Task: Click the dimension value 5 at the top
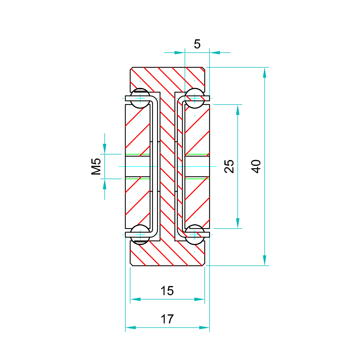coord(197,44)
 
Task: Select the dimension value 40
coord(256,166)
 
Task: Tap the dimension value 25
coord(229,166)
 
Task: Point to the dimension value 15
coord(167,291)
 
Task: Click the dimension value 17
coord(167,319)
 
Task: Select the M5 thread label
coord(96,166)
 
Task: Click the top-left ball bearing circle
coord(140,98)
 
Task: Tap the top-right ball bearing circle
coord(195,98)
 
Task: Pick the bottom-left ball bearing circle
coord(140,235)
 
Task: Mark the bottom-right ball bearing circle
coord(195,235)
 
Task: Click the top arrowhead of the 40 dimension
coord(265,72)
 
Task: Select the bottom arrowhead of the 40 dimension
coord(265,260)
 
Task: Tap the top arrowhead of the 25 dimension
coord(238,110)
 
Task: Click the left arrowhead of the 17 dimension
coord(131,328)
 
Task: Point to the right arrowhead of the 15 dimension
coord(199,299)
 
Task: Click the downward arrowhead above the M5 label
coord(105,149)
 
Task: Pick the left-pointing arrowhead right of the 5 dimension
coord(215,53)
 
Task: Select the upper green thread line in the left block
coord(138,154)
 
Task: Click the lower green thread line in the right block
coord(197,179)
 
